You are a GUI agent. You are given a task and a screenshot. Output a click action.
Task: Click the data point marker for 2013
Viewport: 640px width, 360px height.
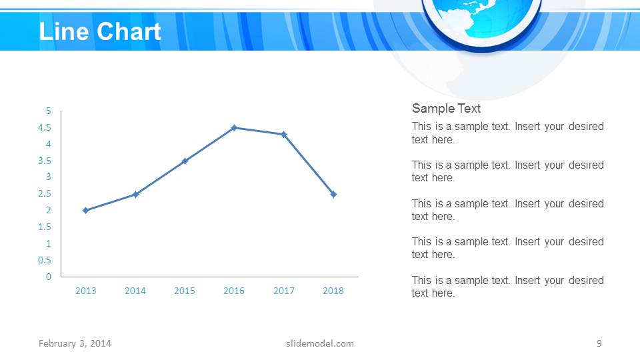(x=85, y=211)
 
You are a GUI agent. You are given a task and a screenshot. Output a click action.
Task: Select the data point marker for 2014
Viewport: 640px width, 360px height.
(x=135, y=194)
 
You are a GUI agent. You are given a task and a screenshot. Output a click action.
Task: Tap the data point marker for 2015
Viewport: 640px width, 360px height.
(x=185, y=161)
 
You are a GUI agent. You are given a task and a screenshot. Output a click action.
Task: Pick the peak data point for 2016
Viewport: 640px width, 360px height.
(x=234, y=127)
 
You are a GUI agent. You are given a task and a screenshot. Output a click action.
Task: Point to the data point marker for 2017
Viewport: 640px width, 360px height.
(x=283, y=134)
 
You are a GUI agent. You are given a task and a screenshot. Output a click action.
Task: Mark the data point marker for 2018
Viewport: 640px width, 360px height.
(x=333, y=194)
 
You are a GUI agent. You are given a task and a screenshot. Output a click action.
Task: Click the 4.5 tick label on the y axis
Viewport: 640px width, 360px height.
(x=45, y=127)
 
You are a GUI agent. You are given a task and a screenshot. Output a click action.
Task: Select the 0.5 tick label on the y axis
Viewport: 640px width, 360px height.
(x=45, y=260)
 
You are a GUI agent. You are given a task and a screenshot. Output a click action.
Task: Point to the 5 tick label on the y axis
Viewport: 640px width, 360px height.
(x=48, y=111)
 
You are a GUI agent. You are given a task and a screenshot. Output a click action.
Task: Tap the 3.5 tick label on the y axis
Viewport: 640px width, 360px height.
(x=45, y=161)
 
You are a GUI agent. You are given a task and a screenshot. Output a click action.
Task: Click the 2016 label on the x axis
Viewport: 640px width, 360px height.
(x=234, y=291)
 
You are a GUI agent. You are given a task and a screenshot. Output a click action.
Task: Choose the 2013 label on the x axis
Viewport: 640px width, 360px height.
(x=85, y=291)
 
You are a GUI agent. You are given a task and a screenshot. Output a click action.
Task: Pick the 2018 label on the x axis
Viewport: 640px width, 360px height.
(x=333, y=291)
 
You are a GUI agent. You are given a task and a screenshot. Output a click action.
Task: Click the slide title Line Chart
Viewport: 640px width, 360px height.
(x=100, y=31)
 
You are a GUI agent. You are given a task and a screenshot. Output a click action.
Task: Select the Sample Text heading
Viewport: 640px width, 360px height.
(x=446, y=109)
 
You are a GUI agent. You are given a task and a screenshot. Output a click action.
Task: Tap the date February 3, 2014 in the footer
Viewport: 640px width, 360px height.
(x=75, y=343)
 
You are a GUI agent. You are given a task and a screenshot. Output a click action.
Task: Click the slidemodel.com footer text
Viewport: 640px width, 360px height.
(x=320, y=343)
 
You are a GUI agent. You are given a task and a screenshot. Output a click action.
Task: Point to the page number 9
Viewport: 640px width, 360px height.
(x=599, y=343)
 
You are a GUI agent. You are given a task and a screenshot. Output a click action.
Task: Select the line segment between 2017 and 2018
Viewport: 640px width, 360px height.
(x=309, y=164)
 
